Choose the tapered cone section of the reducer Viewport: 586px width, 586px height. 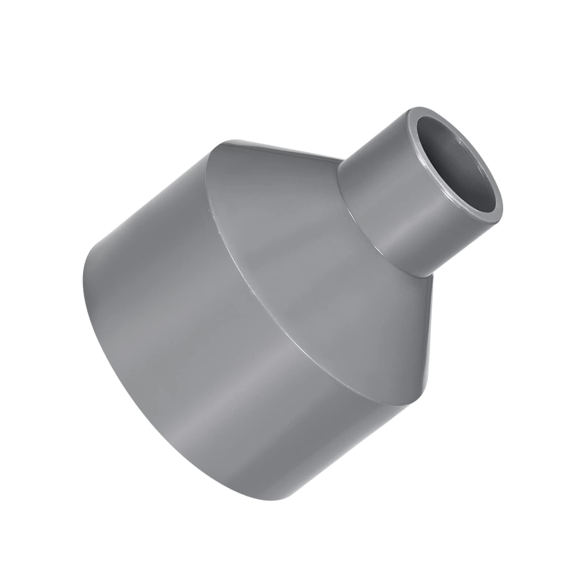pyautogui.click(x=293, y=220)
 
